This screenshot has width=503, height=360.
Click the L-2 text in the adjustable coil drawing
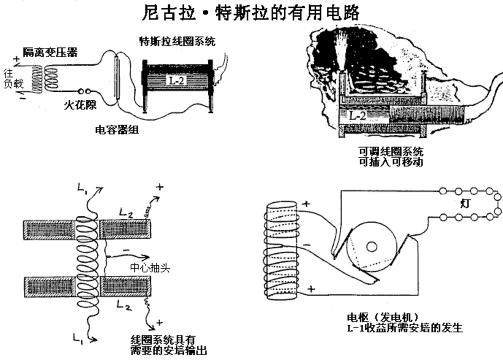pyautogui.click(x=358, y=115)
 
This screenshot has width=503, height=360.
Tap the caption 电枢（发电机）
pyautogui.click(x=382, y=318)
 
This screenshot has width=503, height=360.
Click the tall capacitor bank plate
pyautogui.click(x=117, y=79)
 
